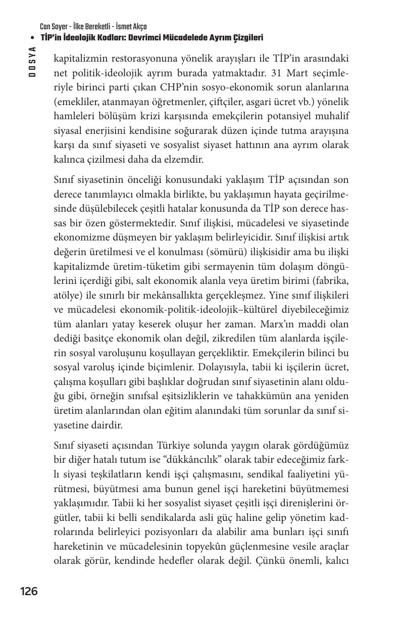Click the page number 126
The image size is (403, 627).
tap(29, 591)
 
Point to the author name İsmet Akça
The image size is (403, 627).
tap(129, 27)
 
